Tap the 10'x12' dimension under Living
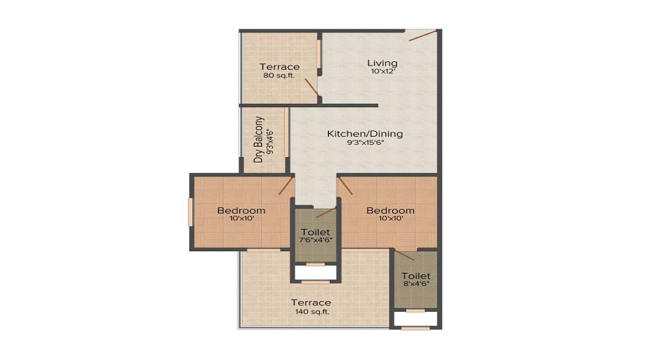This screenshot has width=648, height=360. click(x=384, y=72)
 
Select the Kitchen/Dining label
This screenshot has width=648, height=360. click(x=365, y=134)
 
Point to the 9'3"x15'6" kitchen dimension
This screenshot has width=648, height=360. click(x=365, y=143)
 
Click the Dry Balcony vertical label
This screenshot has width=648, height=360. click(x=259, y=140)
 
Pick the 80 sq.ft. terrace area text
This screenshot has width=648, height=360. click(x=279, y=76)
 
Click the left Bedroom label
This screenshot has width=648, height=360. click(x=241, y=210)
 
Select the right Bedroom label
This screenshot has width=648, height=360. click(x=390, y=210)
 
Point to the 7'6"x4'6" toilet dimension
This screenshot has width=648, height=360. click(x=315, y=241)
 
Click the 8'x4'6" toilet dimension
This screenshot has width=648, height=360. click(x=415, y=284)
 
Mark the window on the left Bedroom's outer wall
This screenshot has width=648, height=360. click(x=191, y=212)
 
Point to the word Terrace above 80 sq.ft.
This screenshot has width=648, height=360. click(x=279, y=67)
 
